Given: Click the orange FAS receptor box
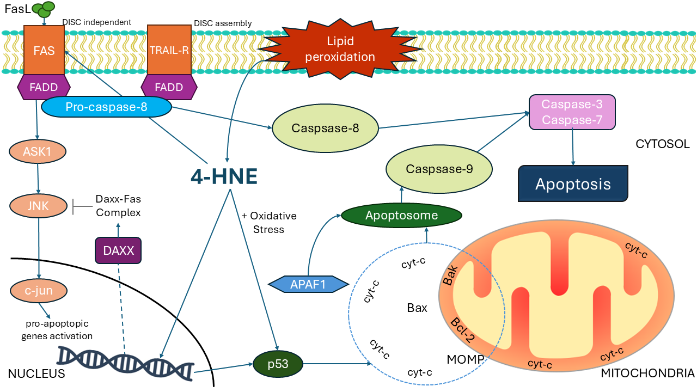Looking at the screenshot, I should click(x=44, y=51).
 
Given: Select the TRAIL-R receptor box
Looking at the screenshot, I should click(x=169, y=51).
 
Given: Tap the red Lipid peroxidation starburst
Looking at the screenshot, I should click(x=351, y=49).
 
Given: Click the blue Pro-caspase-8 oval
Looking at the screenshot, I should click(x=106, y=107).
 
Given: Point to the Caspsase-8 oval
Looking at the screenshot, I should click(x=326, y=128).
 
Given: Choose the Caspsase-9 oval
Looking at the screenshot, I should click(x=439, y=169).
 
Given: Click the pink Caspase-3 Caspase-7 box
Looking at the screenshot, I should click(x=572, y=112).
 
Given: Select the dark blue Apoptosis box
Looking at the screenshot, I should click(x=573, y=184).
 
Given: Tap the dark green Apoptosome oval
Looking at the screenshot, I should click(x=402, y=216).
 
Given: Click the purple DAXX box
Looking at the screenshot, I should click(x=118, y=251).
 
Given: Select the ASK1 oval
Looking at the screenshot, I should click(x=37, y=151).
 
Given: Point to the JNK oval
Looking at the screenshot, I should click(x=37, y=206).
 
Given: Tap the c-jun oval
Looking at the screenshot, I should click(x=38, y=291).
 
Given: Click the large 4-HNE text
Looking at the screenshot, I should click(x=224, y=176).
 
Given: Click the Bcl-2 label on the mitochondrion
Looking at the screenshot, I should click(x=462, y=329).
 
